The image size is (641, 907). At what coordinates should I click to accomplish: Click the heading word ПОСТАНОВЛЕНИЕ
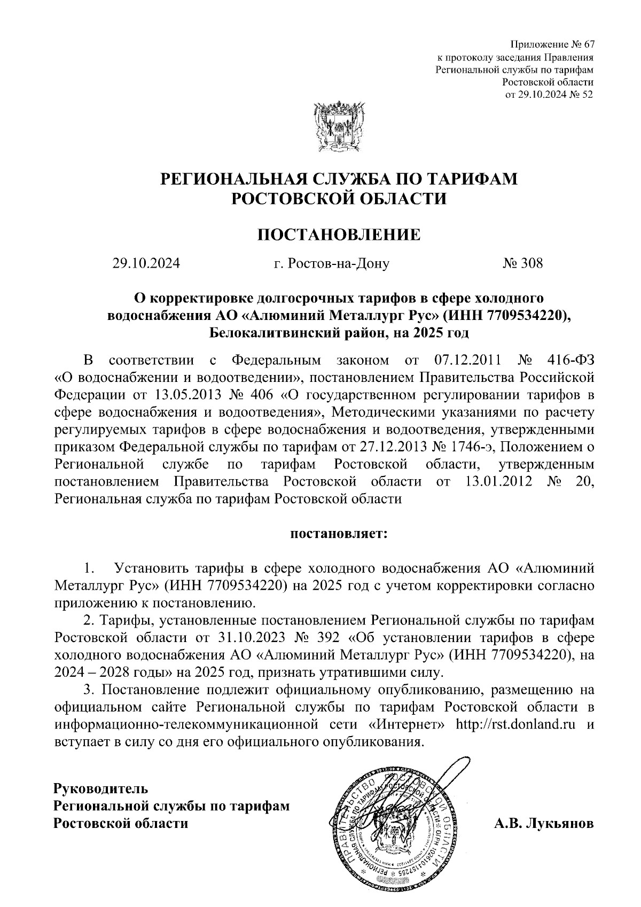pos(339,234)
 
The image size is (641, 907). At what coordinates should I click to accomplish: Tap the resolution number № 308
pos(523,263)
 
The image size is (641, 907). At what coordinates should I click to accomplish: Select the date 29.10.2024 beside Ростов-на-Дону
pos(146,263)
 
